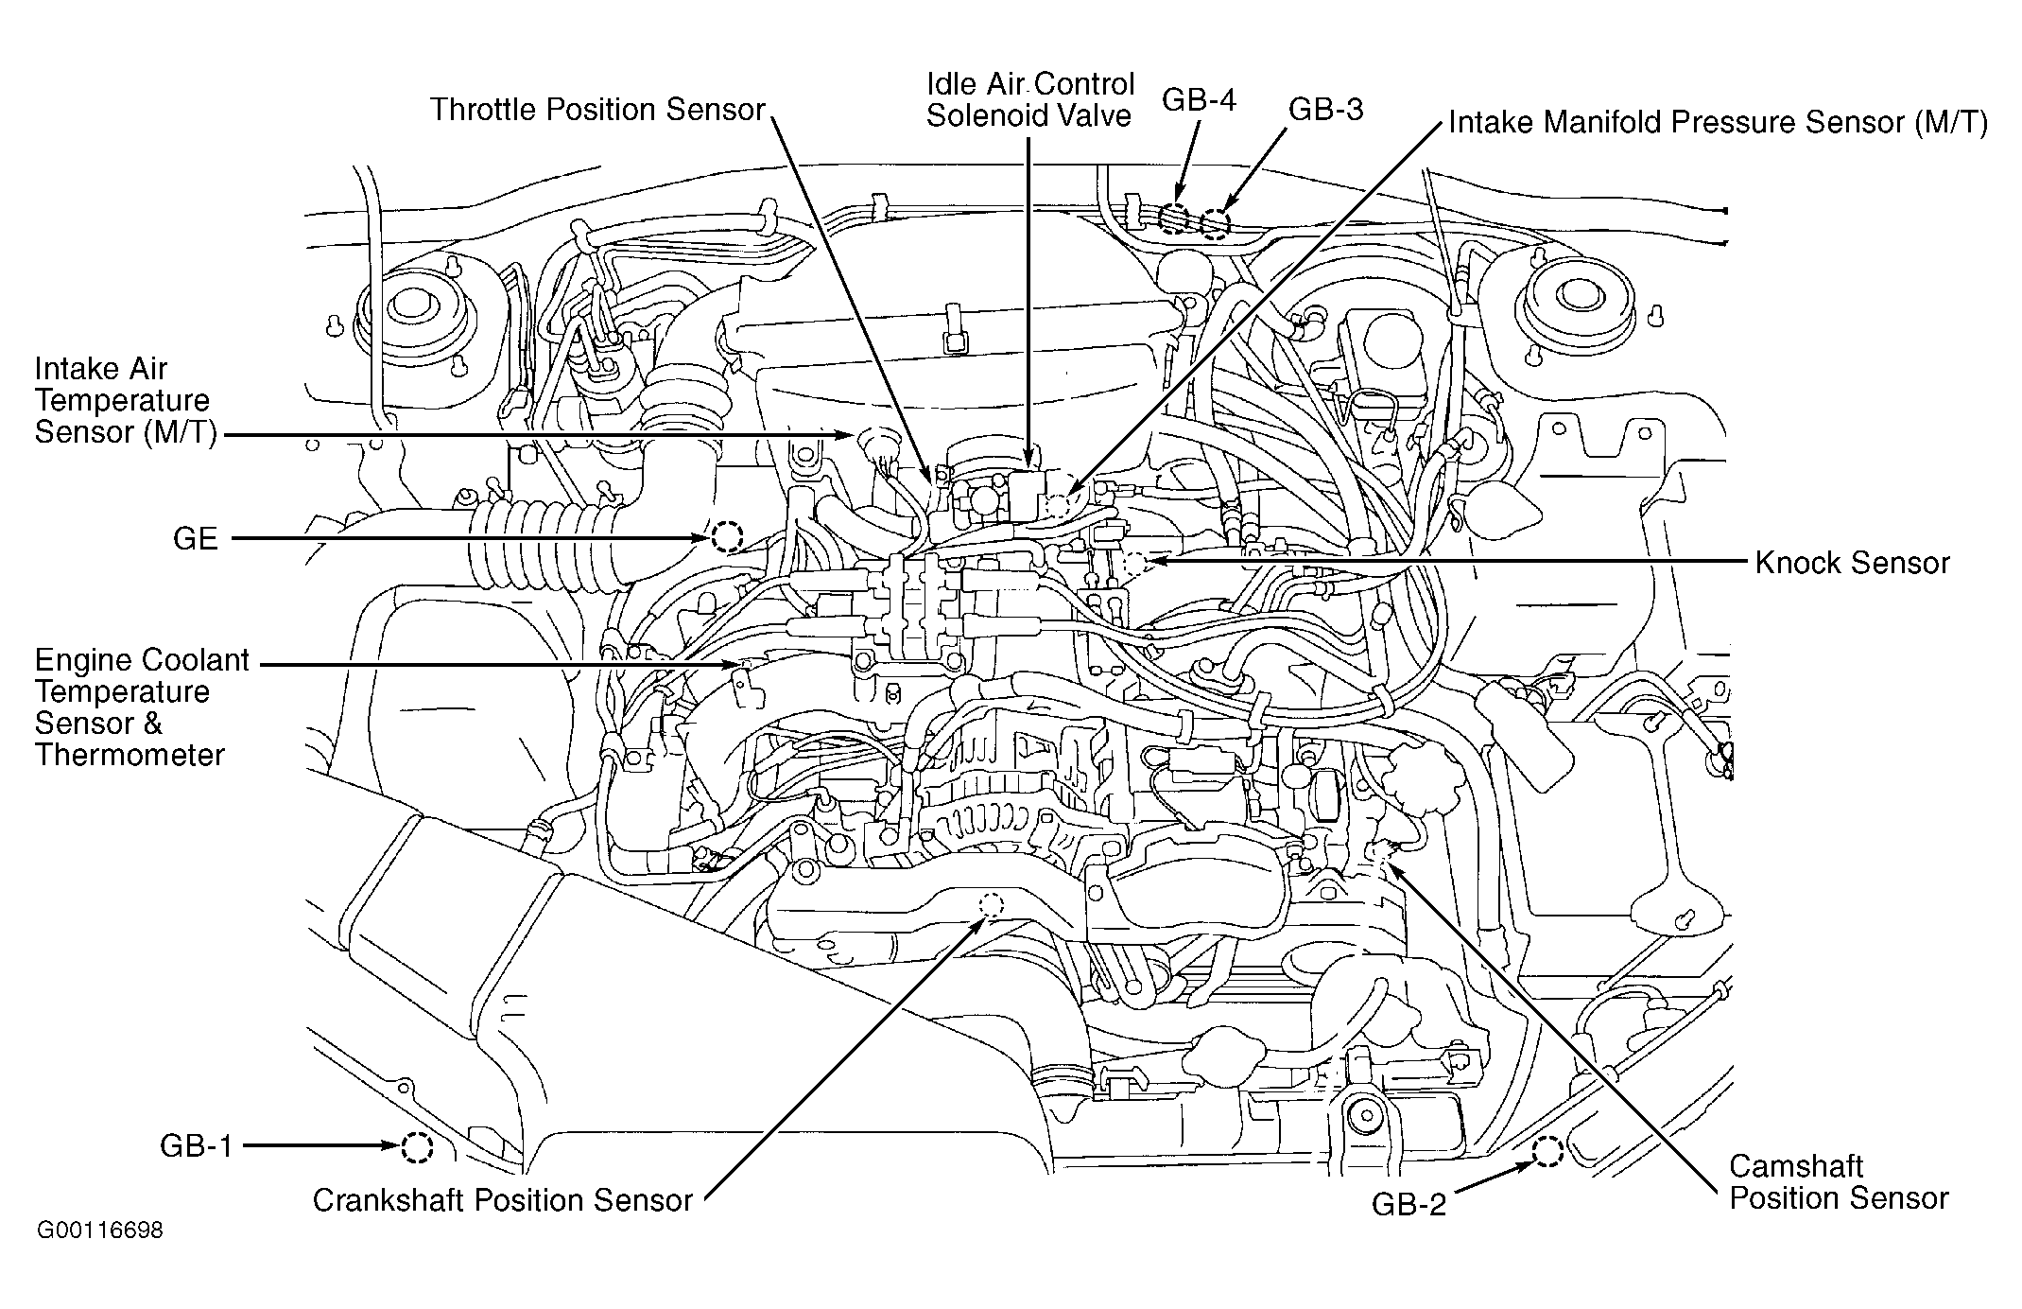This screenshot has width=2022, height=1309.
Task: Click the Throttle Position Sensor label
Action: (x=597, y=110)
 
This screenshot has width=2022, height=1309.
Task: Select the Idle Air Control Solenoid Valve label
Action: (x=1029, y=100)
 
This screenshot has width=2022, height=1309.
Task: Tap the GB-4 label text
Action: (x=1199, y=100)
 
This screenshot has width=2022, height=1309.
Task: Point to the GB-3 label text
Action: (x=1326, y=110)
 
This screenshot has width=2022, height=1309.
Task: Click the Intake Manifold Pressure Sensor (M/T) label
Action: (x=1719, y=123)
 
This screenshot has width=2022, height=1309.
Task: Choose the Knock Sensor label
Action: (x=1852, y=563)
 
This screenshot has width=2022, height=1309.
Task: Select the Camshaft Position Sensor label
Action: (x=1839, y=1182)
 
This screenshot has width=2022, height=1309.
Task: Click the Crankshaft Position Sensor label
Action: (x=503, y=1200)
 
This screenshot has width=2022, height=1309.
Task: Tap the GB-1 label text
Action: (x=196, y=1146)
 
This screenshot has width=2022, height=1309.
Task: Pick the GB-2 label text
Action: (x=1408, y=1204)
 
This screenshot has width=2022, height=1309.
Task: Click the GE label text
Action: (x=196, y=539)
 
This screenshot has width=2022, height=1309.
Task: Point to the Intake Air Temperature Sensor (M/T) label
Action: (x=126, y=400)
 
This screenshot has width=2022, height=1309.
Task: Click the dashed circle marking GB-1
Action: (x=416, y=1147)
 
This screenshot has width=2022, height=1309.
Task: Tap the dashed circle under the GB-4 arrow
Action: (x=1175, y=218)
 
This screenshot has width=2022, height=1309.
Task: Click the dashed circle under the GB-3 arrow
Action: (x=1216, y=222)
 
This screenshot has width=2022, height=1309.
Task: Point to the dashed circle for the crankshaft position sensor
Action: (x=992, y=905)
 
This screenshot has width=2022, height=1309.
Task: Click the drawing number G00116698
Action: (x=99, y=1230)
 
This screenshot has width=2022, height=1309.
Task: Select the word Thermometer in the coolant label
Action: (x=130, y=755)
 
